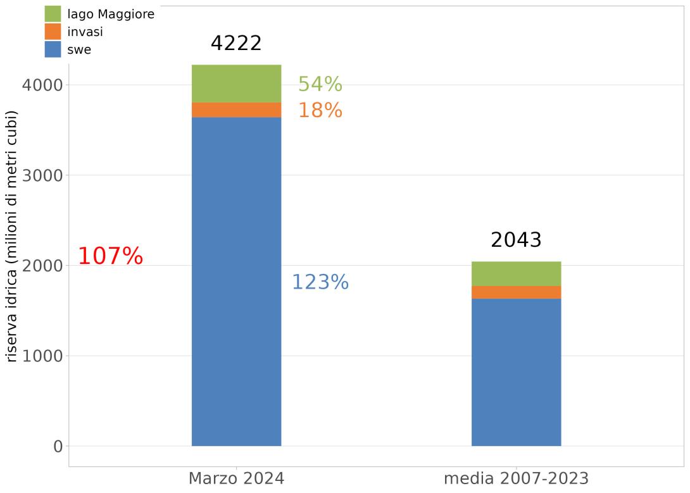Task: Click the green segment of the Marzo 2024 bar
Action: click(x=236, y=84)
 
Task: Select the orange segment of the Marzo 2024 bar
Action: click(x=236, y=110)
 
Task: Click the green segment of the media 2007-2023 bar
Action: click(x=516, y=274)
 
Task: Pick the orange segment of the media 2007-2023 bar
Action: click(x=516, y=292)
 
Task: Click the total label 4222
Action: click(x=236, y=44)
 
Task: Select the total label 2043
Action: click(x=516, y=240)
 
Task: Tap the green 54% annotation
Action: click(x=320, y=84)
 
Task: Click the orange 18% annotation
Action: click(x=320, y=111)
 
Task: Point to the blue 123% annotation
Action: click(x=320, y=282)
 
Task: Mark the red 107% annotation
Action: click(x=110, y=256)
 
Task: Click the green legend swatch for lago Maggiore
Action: click(x=53, y=14)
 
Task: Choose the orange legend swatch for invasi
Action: click(x=53, y=32)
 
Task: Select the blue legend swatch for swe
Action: click(x=53, y=49)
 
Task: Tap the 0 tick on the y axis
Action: click(x=58, y=446)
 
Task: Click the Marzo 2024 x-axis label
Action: click(x=236, y=478)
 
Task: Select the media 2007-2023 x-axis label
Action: click(x=516, y=478)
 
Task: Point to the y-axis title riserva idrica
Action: click(x=12, y=236)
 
